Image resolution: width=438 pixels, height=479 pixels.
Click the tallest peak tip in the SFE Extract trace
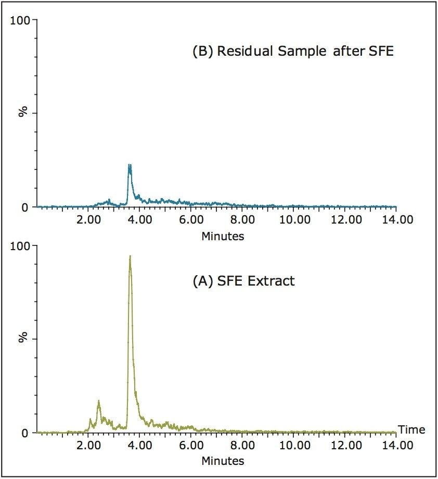(x=130, y=256)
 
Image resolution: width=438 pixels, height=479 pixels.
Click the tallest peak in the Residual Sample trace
(x=130, y=166)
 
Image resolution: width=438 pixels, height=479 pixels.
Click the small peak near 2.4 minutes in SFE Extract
(x=99, y=401)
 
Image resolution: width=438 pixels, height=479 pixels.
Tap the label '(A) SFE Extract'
(x=243, y=281)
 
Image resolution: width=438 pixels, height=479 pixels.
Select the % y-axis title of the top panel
(x=23, y=112)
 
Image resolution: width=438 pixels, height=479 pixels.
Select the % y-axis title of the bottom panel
(x=23, y=338)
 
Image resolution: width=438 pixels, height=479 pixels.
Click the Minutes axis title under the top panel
(x=223, y=236)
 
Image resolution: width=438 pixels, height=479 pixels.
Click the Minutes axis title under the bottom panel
(x=223, y=461)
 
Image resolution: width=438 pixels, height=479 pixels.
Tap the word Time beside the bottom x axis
(x=411, y=430)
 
